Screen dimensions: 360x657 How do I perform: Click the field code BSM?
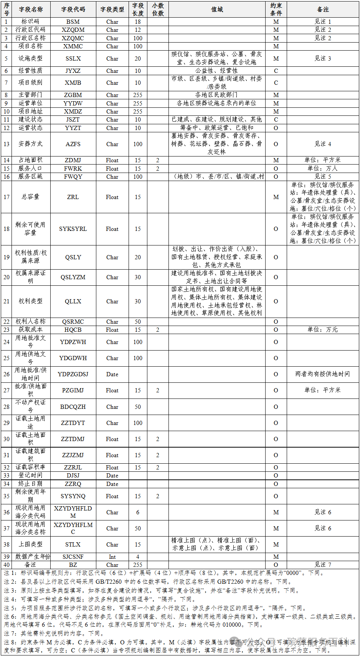(x=73, y=22)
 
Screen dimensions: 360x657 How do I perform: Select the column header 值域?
(x=217, y=10)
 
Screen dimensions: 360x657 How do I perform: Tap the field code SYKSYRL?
(x=73, y=229)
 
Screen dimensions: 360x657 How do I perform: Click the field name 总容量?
(x=30, y=197)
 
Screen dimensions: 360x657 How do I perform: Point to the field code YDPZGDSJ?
(x=73, y=374)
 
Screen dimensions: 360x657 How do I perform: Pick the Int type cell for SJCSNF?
(x=112, y=557)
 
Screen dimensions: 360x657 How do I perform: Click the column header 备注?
(x=323, y=10)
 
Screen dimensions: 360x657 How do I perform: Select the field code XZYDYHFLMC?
(x=73, y=528)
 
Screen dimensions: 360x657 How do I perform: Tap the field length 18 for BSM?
(x=138, y=22)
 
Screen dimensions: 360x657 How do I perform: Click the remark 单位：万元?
(x=323, y=329)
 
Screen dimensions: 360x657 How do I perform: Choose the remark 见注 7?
(x=323, y=565)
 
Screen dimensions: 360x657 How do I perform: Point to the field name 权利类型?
(x=30, y=301)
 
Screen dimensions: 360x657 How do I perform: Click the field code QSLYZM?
(x=73, y=277)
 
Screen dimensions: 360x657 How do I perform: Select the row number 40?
(x=7, y=565)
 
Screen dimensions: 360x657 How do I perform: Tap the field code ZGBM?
(x=73, y=95)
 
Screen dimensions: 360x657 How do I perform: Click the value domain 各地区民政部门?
(x=216, y=95)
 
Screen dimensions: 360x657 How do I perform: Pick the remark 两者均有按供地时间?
(x=323, y=374)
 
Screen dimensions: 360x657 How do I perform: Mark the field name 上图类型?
(x=30, y=544)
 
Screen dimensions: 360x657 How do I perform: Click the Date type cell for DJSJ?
(x=112, y=476)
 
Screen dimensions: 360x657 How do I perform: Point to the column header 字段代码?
(x=73, y=10)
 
